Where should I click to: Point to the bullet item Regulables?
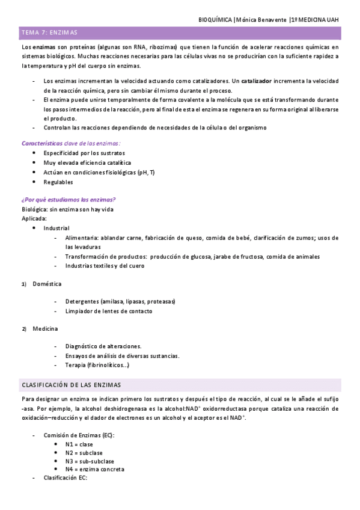point(58,182)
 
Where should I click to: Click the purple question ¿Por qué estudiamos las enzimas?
point(69,200)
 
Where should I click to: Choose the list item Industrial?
point(56,228)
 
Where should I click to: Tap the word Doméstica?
point(47,283)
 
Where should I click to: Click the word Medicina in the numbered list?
point(45,329)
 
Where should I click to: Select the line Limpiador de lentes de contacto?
point(109,311)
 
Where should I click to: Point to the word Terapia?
point(76,365)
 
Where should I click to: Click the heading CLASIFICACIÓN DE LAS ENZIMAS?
point(71,384)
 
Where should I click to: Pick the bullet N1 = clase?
point(79,444)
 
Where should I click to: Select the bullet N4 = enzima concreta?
point(95,469)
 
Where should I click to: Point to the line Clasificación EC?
point(66,478)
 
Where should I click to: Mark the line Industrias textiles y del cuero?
point(105,265)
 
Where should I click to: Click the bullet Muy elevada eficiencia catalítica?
point(87,162)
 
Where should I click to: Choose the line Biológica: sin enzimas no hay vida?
point(67,209)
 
